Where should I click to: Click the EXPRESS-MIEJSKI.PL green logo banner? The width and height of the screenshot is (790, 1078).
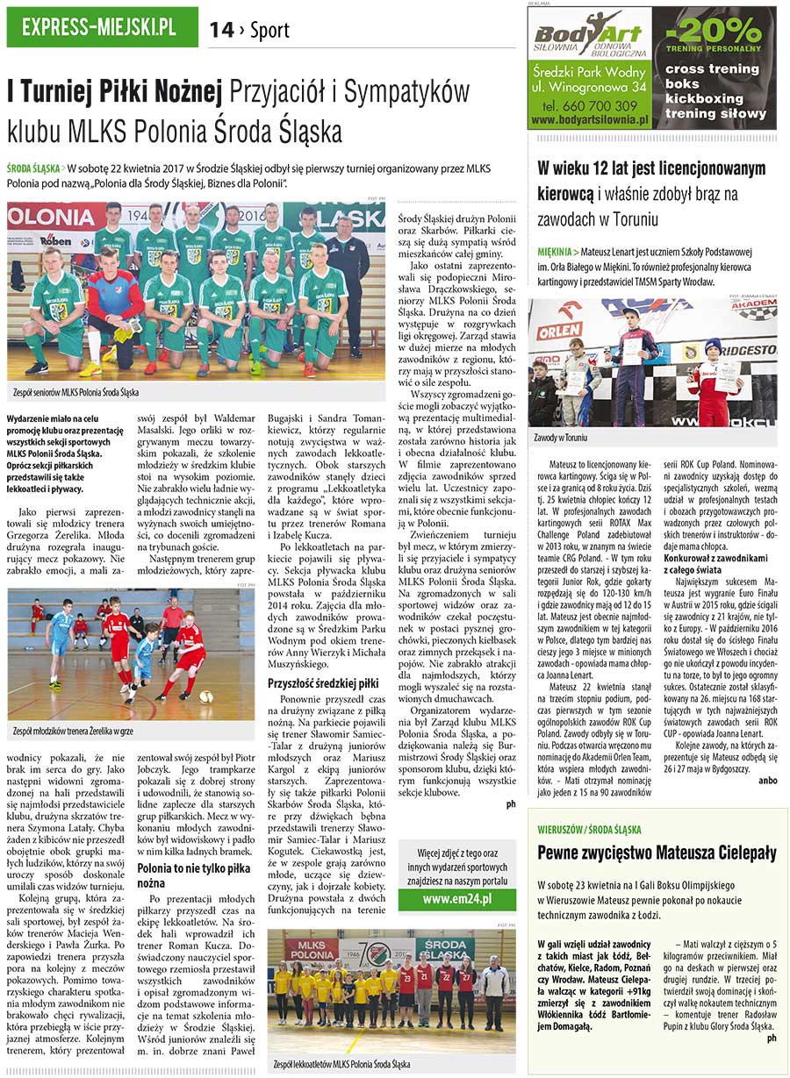coord(102,28)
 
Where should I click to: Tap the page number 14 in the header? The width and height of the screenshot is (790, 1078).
coord(221,31)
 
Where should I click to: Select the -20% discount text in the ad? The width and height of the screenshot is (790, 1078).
coord(715,32)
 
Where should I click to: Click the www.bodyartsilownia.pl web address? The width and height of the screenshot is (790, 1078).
coord(589,118)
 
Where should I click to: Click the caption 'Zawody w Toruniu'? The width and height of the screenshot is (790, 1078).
coord(562,438)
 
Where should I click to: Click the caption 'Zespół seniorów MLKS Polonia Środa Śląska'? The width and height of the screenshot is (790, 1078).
coord(76,392)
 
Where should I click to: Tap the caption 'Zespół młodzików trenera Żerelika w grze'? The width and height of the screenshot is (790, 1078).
coord(74,730)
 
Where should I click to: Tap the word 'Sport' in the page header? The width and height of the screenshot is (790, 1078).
coord(269,31)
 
